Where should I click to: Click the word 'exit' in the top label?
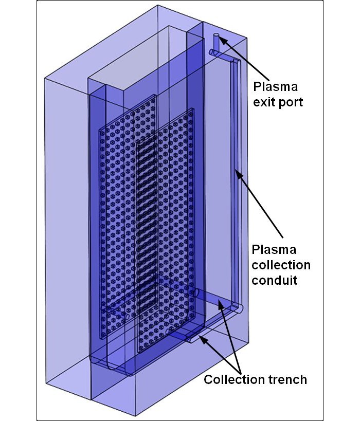point(264,102)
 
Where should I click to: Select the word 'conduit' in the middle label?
point(273,281)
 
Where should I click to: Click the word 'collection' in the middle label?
point(281,265)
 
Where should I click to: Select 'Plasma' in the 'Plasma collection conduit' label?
point(274,250)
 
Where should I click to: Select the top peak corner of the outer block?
point(157,6)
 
